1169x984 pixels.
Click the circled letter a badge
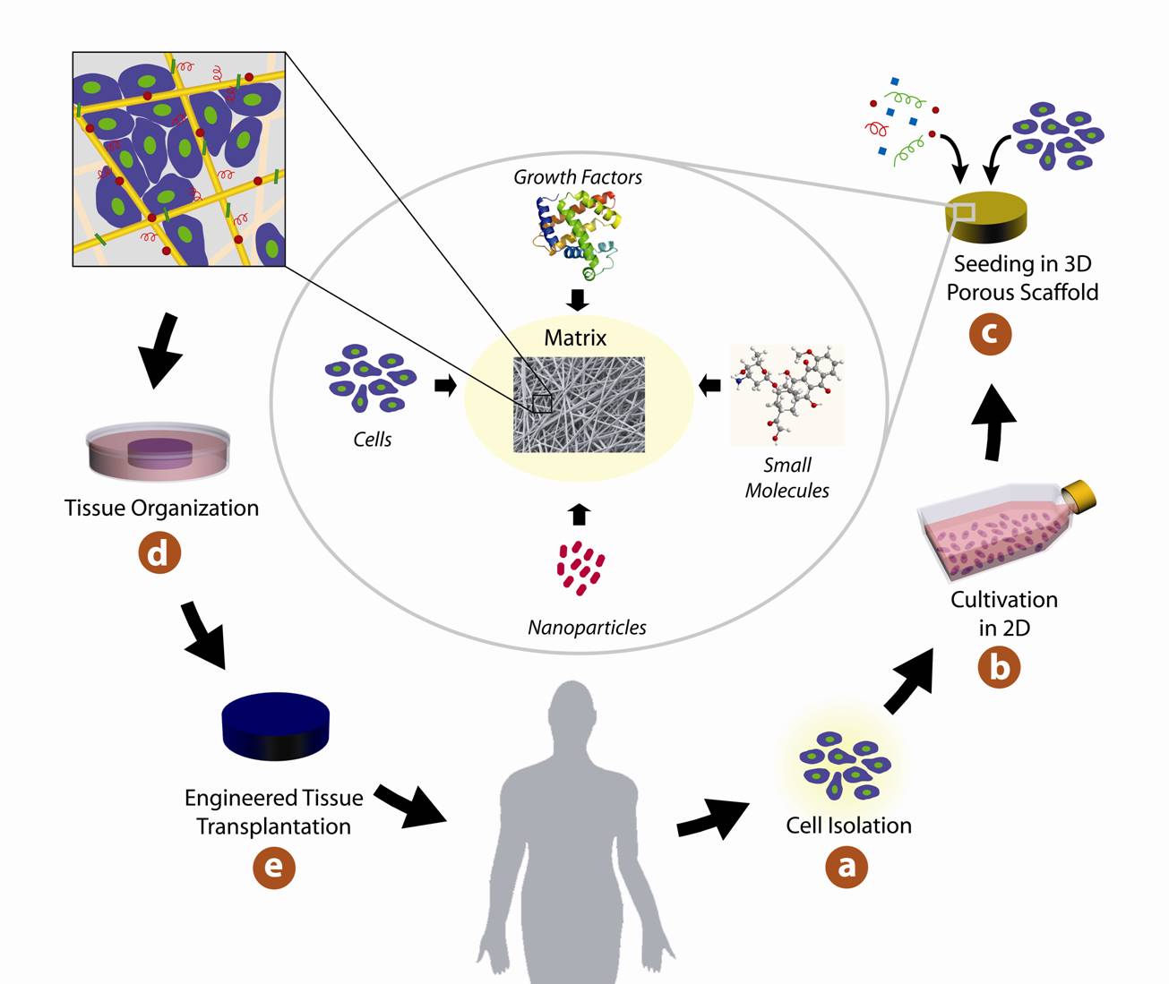pos(847,867)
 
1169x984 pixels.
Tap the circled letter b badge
pos(999,667)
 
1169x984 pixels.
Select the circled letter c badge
pos(990,334)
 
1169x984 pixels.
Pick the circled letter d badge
pos(159,552)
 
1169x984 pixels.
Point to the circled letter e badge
pos(273,868)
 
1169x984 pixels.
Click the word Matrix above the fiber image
pos(575,338)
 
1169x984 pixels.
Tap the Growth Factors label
pos(578,177)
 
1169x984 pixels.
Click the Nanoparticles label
pos(587,628)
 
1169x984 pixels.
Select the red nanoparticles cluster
pos(580,568)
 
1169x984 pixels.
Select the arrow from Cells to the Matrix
pos(445,386)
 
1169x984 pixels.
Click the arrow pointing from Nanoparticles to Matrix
pos(580,514)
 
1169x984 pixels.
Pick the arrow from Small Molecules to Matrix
pos(709,386)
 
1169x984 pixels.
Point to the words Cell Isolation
pos(848,826)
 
